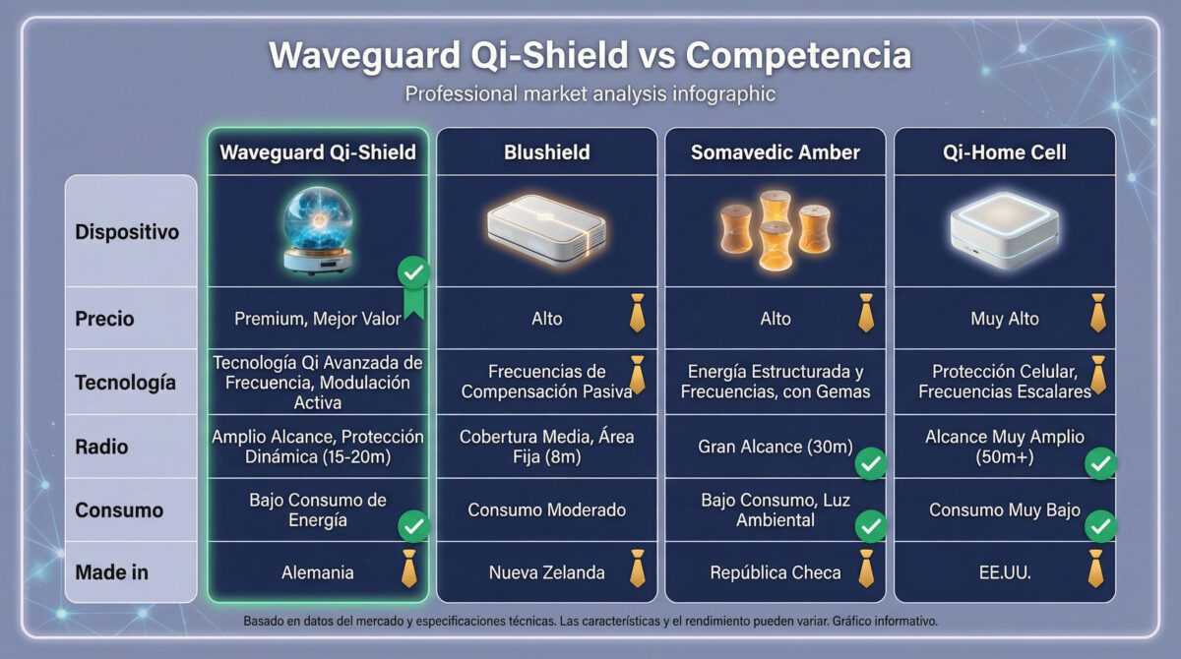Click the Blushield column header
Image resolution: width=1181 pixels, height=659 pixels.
[x=546, y=152]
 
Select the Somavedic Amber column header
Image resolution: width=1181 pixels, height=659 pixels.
[x=775, y=152]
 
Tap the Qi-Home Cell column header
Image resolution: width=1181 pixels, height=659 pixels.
[x=1004, y=152]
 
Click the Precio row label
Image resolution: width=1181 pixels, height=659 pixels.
[x=104, y=319]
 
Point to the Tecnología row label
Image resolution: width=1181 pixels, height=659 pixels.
[x=125, y=382]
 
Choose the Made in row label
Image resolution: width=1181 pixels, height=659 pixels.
[x=111, y=571]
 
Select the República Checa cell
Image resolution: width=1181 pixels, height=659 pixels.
[x=775, y=572]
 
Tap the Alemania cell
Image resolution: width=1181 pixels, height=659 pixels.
[x=317, y=572]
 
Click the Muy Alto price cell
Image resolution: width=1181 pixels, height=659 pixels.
[x=1004, y=319]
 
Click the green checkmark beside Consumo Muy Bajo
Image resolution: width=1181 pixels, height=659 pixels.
[x=1100, y=527]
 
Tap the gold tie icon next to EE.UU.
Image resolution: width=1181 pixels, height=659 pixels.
[x=1095, y=569]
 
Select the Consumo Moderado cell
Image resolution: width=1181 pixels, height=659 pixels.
[x=546, y=510]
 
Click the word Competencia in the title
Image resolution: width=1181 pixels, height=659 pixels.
[x=798, y=55]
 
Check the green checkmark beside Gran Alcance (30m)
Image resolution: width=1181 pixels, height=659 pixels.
[x=870, y=463]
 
